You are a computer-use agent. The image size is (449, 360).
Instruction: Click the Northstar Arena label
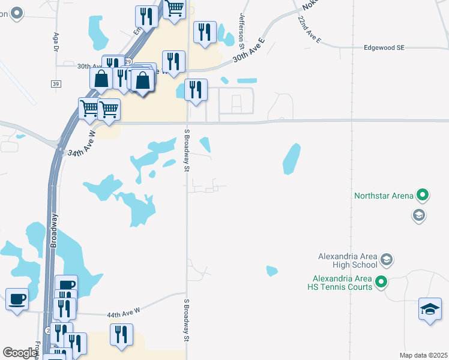[384, 196]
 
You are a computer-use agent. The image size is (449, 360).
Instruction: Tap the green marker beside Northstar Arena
[423, 195]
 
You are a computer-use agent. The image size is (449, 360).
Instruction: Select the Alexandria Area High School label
[348, 261]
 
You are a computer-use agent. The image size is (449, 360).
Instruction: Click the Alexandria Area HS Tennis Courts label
[343, 282]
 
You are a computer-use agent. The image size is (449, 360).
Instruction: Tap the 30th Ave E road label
[249, 50]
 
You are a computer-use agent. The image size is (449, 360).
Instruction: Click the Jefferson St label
[243, 31]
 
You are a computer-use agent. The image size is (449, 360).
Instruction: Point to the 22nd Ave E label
[310, 28]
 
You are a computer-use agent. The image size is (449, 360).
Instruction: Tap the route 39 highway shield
[55, 83]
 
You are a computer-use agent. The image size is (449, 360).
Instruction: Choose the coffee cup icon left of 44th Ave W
[17, 298]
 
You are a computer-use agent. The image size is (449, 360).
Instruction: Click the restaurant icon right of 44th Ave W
[121, 334]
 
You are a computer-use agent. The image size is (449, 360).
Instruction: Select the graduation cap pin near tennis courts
[430, 308]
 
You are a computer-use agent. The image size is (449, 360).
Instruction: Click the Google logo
[20, 353]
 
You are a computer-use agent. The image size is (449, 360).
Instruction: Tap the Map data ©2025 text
[423, 355]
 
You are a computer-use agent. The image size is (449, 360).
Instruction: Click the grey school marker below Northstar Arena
[419, 215]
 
